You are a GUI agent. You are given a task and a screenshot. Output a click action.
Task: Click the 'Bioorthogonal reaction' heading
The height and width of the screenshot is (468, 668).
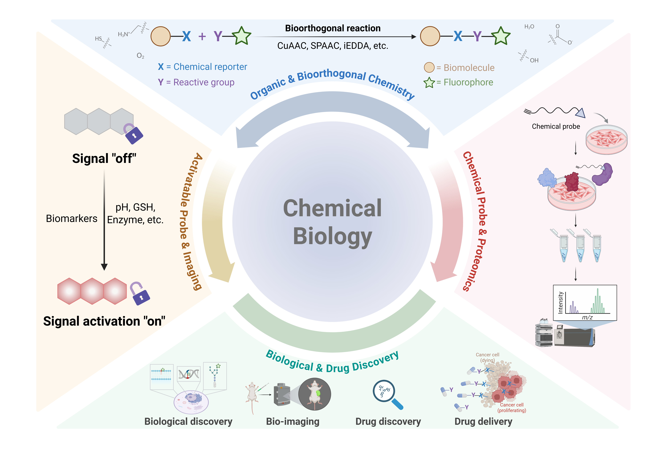click(333, 28)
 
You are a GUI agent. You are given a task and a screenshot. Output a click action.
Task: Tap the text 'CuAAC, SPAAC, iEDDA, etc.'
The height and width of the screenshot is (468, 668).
click(333, 46)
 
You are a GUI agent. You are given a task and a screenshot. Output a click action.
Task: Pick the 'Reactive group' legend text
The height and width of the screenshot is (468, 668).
click(204, 82)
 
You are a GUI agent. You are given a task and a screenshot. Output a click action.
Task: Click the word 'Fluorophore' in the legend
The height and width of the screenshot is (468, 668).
click(468, 82)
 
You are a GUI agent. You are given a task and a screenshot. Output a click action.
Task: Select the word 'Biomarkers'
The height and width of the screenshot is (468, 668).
click(72, 218)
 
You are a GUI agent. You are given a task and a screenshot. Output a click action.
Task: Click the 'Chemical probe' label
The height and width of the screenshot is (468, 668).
click(556, 126)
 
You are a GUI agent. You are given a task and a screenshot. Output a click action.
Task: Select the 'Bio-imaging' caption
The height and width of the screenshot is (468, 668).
click(293, 421)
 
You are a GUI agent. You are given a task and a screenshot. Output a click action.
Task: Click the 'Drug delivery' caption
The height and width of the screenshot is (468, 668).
click(483, 421)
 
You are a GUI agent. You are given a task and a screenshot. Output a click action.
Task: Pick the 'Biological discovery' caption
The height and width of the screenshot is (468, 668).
click(188, 421)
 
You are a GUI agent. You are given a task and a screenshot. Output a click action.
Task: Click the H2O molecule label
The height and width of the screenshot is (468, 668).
click(529, 27)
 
